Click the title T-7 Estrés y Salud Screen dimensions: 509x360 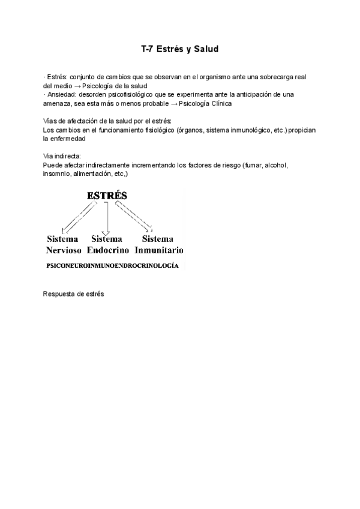pyautogui.click(x=180, y=49)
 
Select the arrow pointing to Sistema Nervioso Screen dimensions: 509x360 pyautogui.click(x=78, y=217)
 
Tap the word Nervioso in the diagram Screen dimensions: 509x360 pyautogui.click(x=63, y=249)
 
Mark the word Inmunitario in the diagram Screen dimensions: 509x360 pyautogui.click(x=158, y=249)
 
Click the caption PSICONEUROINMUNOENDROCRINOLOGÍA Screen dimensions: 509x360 pyautogui.click(x=112, y=265)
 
